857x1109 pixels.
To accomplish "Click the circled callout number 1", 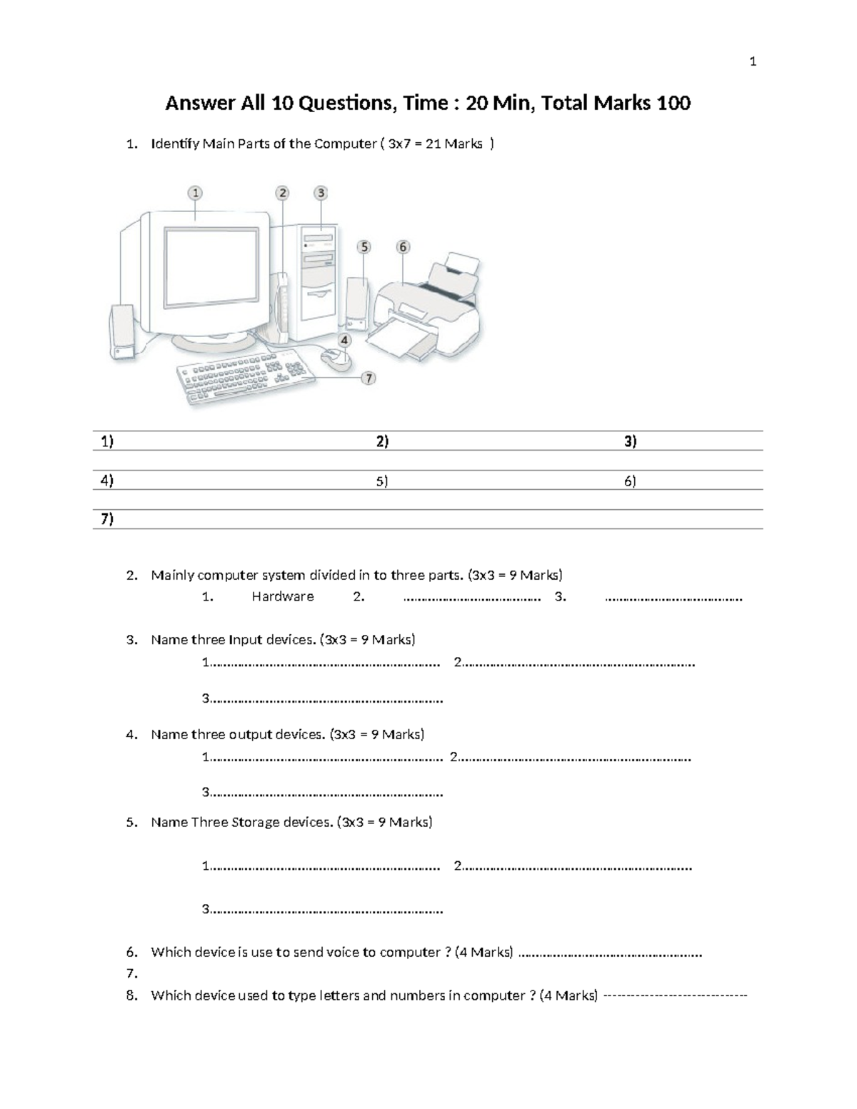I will tap(195, 193).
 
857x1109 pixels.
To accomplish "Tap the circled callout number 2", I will tap(283, 193).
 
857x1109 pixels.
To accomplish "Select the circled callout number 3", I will tap(321, 193).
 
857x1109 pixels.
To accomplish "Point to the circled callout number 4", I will tap(344, 341).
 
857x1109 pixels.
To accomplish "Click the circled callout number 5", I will tap(364, 247).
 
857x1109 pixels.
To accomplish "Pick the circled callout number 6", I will tap(403, 247).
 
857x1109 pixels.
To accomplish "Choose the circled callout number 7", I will tap(369, 378).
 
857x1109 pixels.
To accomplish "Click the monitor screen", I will tap(212, 268).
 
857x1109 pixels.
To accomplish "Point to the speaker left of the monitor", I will tap(122, 332).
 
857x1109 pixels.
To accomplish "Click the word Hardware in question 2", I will tap(282, 597).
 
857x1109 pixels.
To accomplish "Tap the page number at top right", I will tap(753, 62).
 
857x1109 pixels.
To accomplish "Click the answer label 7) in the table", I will tap(107, 519).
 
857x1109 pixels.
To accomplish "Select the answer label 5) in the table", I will tap(382, 481).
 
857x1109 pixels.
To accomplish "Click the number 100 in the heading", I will tap(673, 104).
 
